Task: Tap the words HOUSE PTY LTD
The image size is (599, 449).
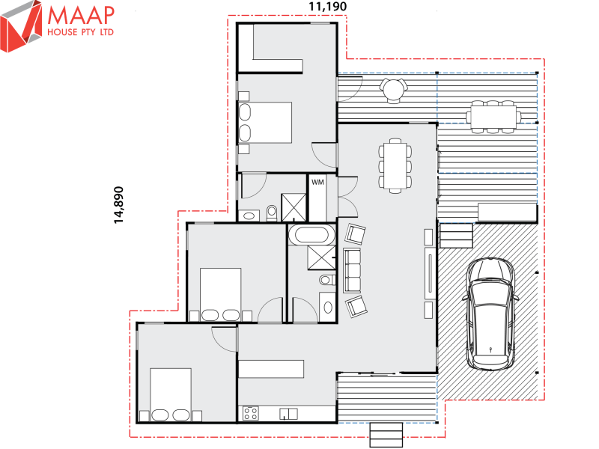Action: [80, 34]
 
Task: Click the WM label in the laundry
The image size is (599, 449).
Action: [317, 181]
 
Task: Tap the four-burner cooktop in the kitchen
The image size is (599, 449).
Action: [250, 413]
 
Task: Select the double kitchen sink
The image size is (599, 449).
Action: [288, 413]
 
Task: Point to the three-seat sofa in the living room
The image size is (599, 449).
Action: [351, 270]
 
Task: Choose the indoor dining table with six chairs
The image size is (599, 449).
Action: [395, 165]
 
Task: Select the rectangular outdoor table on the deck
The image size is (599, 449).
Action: [493, 116]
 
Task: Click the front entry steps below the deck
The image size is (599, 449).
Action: [386, 434]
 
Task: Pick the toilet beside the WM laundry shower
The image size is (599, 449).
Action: [270, 213]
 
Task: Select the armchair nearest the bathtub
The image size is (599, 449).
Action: [356, 234]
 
